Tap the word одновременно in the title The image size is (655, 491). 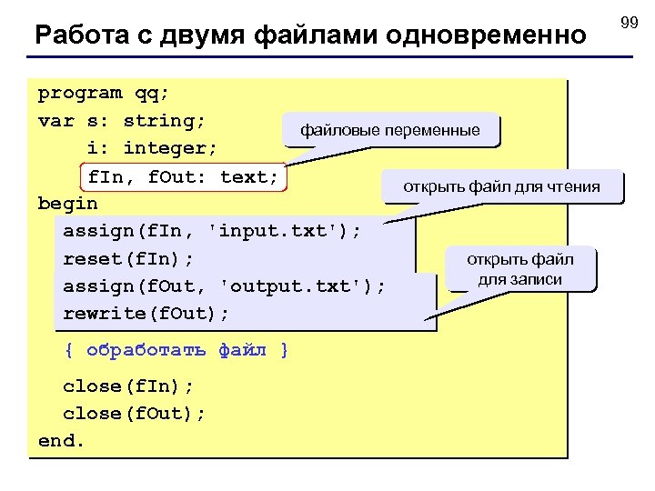point(486,36)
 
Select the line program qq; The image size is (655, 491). point(103,93)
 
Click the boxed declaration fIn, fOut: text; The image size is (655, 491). point(183,176)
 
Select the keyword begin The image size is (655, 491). point(67,204)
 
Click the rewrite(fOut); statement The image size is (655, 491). point(146,314)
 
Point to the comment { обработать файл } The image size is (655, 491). point(176,350)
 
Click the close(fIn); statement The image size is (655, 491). point(128,386)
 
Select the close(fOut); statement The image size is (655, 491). point(135,413)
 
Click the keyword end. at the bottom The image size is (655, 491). point(61,441)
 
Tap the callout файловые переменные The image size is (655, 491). point(390,131)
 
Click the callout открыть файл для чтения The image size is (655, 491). point(502,186)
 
